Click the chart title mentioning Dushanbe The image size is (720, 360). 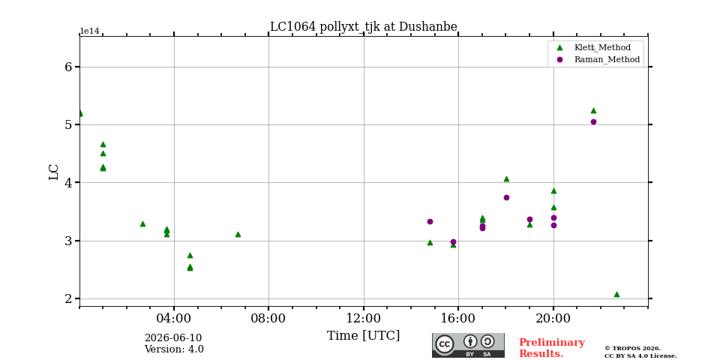click(x=363, y=27)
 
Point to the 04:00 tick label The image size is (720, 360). click(x=174, y=319)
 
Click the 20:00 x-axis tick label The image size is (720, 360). click(x=553, y=319)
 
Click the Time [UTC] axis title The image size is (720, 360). click(x=363, y=336)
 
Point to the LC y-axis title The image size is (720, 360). click(x=54, y=172)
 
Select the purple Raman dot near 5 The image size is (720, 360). click(x=593, y=121)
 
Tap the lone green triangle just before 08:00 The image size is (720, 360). click(x=238, y=234)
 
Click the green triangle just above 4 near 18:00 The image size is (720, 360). click(x=506, y=178)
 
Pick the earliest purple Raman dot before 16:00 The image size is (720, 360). click(x=430, y=221)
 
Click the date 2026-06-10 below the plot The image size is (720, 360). click(x=173, y=338)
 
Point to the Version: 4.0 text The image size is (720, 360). click(x=174, y=349)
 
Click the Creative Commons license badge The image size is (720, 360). click(x=468, y=345)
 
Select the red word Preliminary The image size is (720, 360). click(x=551, y=343)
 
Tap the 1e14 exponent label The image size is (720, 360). click(x=89, y=31)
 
